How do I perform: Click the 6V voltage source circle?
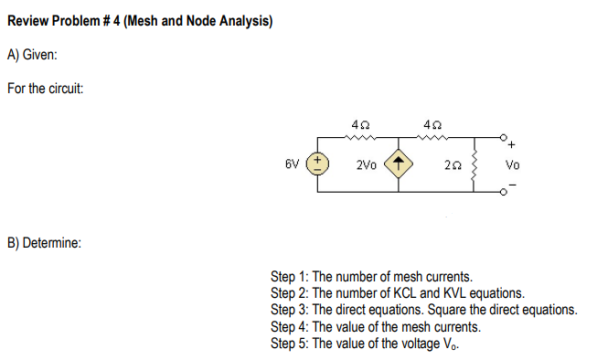point(320,165)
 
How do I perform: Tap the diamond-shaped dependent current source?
point(400,165)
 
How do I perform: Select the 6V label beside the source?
point(293,165)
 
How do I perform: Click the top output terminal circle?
point(504,137)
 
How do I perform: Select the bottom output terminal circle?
point(504,194)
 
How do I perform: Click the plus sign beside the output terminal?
point(512,143)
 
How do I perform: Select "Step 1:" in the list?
point(291,275)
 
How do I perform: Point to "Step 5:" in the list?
point(291,343)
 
